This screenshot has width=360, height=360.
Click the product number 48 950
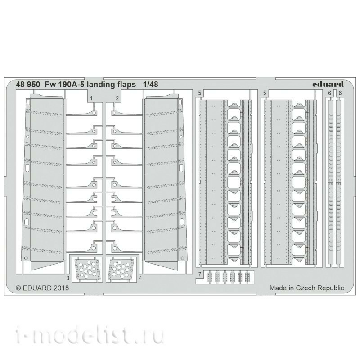pyautogui.click(x=28, y=85)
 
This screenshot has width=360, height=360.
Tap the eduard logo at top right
pyautogui.click(x=328, y=84)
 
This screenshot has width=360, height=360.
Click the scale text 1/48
pyautogui.click(x=150, y=85)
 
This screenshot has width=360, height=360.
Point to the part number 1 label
pyautogui.click(x=91, y=99)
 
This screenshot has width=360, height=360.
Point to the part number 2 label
pyautogui.click(x=117, y=99)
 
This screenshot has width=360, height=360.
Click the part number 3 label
pyautogui.click(x=68, y=278)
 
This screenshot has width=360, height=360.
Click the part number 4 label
pyautogui.click(x=140, y=278)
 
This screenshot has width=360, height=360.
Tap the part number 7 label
pyautogui.click(x=200, y=274)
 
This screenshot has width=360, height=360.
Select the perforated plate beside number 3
pyautogui.click(x=87, y=269)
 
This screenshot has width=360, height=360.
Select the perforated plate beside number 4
pyautogui.click(x=121, y=269)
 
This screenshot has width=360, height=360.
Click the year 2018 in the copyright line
pyautogui.click(x=62, y=288)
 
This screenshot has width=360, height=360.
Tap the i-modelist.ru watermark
pyautogui.click(x=90, y=336)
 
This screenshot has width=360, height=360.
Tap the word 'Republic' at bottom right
pyautogui.click(x=329, y=288)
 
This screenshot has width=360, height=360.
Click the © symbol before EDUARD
pyautogui.click(x=18, y=288)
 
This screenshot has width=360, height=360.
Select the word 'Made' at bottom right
pyautogui.click(x=277, y=288)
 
